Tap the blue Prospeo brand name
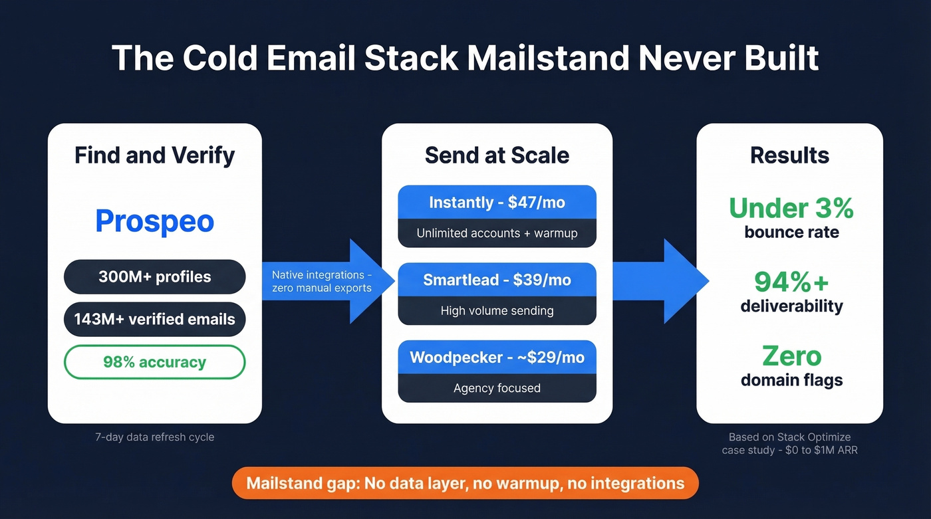point(154,221)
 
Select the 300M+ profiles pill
point(154,277)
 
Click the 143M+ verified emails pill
point(154,320)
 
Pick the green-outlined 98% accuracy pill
point(154,362)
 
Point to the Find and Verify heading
point(154,156)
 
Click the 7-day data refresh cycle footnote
point(154,437)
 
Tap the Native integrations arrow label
point(322,281)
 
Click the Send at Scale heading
point(497,156)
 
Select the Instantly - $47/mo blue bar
point(497,203)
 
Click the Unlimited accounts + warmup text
point(497,233)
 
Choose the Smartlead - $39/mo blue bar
point(497,280)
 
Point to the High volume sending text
point(497,310)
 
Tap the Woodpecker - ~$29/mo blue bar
point(497,358)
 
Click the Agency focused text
point(497,388)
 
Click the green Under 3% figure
point(791,209)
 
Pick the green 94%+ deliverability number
point(791,282)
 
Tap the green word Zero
point(791,356)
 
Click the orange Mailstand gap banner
point(465,483)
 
